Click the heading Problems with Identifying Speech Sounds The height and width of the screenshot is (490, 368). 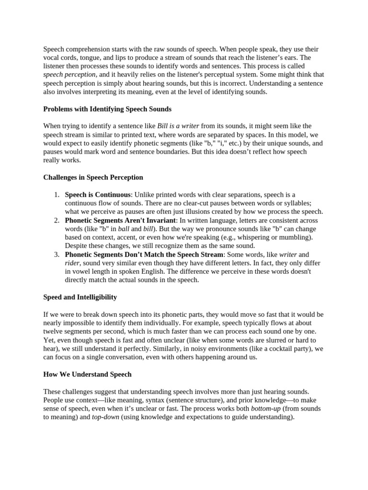(x=107, y=109)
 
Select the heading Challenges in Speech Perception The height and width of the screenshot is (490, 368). (x=93, y=177)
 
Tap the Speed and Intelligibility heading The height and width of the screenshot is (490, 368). (x=80, y=297)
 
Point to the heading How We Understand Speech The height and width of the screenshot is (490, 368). (x=87, y=374)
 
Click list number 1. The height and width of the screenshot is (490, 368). (x=56, y=195)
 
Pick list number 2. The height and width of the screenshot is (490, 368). (x=56, y=220)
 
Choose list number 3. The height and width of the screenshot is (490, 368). (x=56, y=255)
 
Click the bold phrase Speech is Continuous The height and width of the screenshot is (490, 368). (x=98, y=195)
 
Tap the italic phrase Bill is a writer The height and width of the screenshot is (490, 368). (x=178, y=126)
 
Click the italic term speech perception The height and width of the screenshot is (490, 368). (x=69, y=75)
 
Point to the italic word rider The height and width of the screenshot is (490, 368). (x=72, y=263)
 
